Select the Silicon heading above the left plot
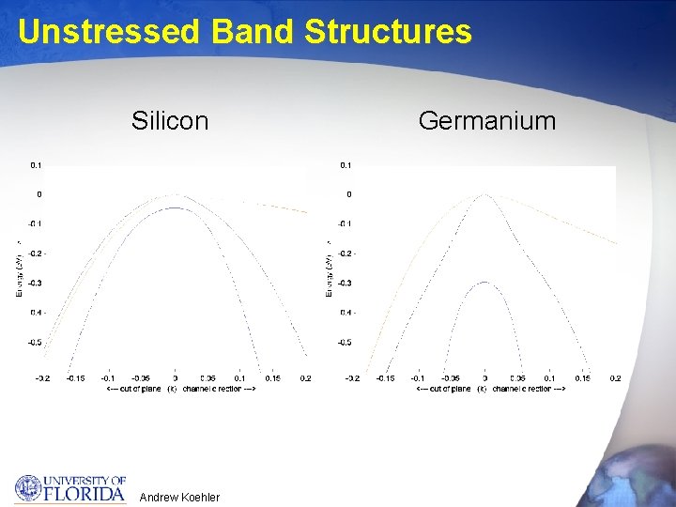click(170, 121)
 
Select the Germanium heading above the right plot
click(486, 121)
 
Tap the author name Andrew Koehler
click(179, 497)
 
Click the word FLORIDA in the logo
click(85, 492)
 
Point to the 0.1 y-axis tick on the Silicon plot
click(36, 165)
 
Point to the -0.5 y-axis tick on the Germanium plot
click(346, 343)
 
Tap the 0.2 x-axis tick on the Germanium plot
click(615, 378)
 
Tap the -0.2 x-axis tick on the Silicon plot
click(41, 378)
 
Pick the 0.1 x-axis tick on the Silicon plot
click(239, 378)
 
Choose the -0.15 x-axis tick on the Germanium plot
click(385, 378)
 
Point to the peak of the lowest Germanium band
click(484, 283)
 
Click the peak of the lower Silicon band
click(175, 207)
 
